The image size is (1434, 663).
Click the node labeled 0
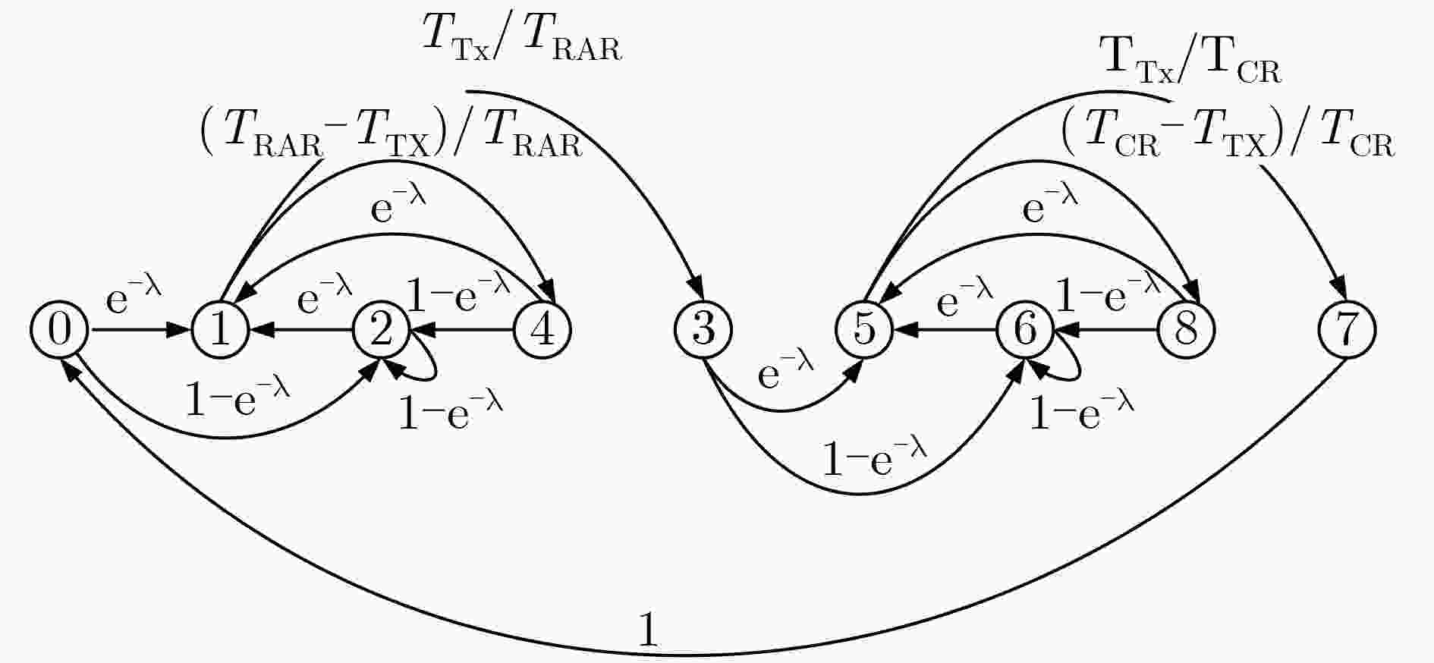59,330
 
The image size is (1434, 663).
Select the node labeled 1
220,330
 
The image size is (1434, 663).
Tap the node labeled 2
382,330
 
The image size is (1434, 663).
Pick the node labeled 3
703,330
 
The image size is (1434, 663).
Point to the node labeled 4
542,330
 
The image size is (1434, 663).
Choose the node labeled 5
864,330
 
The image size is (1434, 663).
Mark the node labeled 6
1026,330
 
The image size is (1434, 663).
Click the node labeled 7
1348,330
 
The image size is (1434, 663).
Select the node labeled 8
1187,330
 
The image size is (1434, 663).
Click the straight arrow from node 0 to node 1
140,330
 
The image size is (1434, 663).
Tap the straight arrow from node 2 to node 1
301,330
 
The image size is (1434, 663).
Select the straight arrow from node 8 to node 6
1106,330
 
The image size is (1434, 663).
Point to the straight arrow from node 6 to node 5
945,330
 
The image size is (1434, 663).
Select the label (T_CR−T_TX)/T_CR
1228,136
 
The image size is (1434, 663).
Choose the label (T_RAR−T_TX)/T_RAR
392,136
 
